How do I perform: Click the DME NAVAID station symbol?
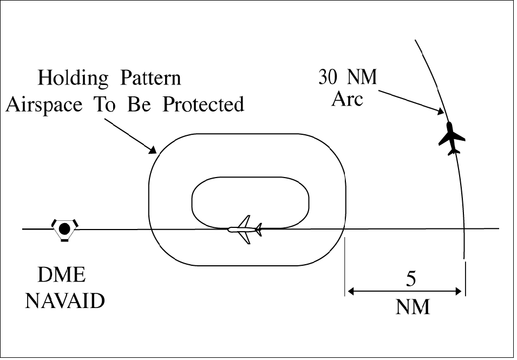pyautogui.click(x=64, y=229)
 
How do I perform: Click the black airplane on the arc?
pyautogui.click(x=451, y=139)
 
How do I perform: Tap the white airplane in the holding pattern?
pyautogui.click(x=245, y=229)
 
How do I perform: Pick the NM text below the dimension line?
pyautogui.click(x=413, y=307)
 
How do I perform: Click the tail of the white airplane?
pyautogui.click(x=259, y=230)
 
